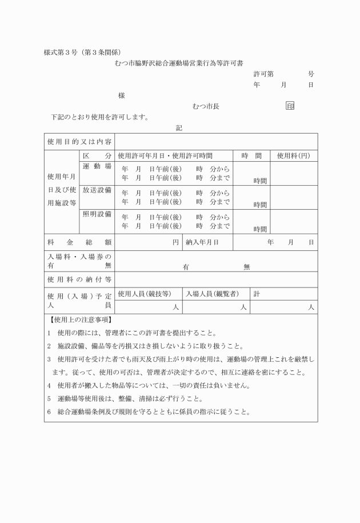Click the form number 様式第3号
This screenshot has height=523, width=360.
click(63, 53)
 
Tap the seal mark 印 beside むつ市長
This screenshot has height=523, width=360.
click(290, 106)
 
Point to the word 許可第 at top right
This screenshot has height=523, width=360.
click(263, 74)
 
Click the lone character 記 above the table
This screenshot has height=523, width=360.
click(179, 128)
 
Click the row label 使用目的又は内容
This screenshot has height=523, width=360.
click(79, 141)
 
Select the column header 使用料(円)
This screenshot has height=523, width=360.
click(294, 155)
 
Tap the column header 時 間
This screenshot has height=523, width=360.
click(251, 155)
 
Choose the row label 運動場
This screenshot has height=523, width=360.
click(97, 166)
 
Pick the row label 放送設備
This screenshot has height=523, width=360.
click(97, 190)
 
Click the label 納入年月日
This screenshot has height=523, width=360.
click(202, 242)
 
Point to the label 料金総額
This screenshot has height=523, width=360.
click(79, 242)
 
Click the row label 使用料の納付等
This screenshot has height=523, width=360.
click(79, 280)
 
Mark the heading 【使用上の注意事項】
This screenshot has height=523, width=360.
click(81, 320)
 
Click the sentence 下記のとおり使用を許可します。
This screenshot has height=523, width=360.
click(99, 118)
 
